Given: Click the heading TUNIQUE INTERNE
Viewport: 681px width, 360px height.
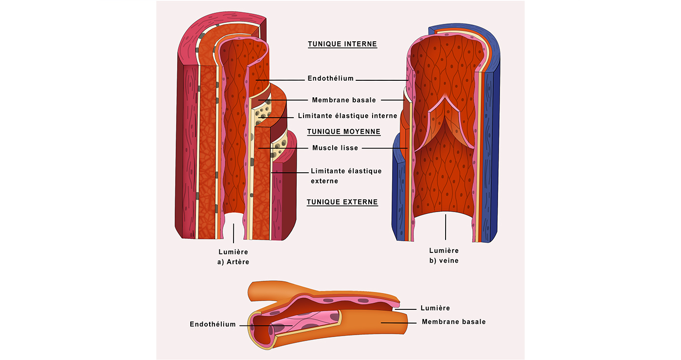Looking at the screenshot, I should click(342, 44).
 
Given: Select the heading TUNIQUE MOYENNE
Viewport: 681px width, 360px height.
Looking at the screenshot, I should click(343, 132).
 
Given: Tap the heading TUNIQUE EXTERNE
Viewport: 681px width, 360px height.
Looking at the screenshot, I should click(342, 202).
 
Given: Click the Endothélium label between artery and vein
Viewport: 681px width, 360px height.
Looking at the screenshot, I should click(330, 78).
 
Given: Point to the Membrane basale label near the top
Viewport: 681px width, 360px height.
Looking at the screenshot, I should click(344, 100).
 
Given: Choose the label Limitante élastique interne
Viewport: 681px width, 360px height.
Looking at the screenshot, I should click(347, 116).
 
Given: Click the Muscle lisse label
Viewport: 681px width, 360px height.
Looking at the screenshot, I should click(335, 148).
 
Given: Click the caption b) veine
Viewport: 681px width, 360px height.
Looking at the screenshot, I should click(444, 261).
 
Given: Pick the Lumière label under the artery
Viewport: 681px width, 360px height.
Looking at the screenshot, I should click(233, 252).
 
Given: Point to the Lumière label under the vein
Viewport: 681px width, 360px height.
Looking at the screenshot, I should click(444, 251).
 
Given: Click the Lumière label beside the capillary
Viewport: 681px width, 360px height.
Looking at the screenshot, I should click(435, 308).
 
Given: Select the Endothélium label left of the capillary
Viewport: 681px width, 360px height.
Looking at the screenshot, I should click(213, 324).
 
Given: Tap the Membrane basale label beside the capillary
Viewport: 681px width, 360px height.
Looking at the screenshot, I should click(453, 322).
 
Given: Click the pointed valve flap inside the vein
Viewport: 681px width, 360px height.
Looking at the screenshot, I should click(445, 122).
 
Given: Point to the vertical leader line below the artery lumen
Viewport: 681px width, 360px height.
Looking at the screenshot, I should click(233, 234).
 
